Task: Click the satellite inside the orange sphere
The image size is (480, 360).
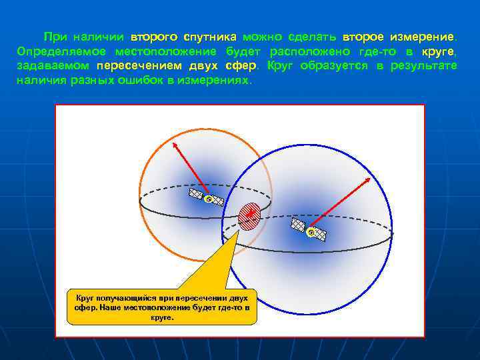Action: coord(207,197)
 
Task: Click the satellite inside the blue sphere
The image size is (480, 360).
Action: coord(308,230)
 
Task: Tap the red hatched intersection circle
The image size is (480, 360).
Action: coord(249,215)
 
